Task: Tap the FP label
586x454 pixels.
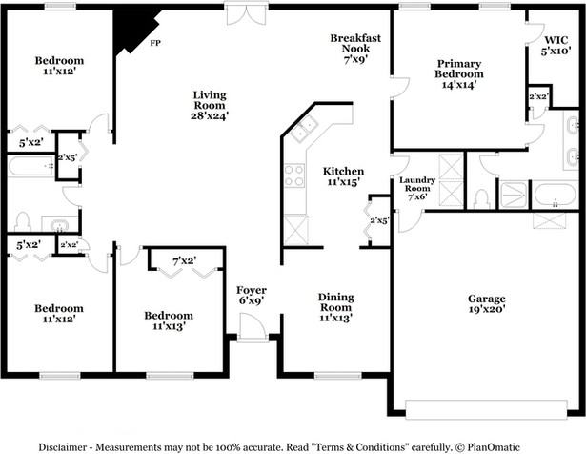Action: pyautogui.click(x=155, y=43)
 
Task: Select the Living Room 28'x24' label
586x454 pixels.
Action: pyautogui.click(x=210, y=105)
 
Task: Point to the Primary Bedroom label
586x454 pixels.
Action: pyautogui.click(x=459, y=74)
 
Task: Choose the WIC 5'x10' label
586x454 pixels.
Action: pyautogui.click(x=556, y=45)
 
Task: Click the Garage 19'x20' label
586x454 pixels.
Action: pyautogui.click(x=487, y=303)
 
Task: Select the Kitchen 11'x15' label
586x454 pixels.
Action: pyautogui.click(x=343, y=176)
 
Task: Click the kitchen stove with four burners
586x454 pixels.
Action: pyautogui.click(x=294, y=175)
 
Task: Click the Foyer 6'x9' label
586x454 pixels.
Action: pyautogui.click(x=252, y=295)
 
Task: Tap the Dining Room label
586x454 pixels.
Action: pyautogui.click(x=335, y=307)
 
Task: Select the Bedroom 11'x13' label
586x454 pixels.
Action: pyautogui.click(x=169, y=320)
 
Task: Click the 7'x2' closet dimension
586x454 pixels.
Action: pyautogui.click(x=185, y=260)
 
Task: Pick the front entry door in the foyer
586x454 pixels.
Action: pyautogui.click(x=253, y=327)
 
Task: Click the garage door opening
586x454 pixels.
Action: pyautogui.click(x=486, y=409)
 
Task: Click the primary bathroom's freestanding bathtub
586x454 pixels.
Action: pyautogui.click(x=555, y=196)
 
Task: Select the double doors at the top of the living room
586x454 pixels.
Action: pyautogui.click(x=246, y=14)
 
